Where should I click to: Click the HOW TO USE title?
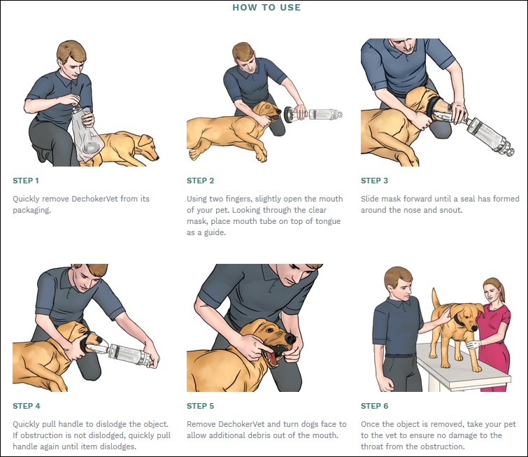tap(266, 8)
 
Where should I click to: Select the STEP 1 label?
tap(26, 181)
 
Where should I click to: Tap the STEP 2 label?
tap(200, 181)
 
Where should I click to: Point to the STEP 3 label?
tap(374, 181)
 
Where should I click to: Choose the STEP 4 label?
tap(27, 406)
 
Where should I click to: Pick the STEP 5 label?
tap(200, 406)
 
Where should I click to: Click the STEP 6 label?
tap(374, 406)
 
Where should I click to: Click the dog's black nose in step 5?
tap(290, 338)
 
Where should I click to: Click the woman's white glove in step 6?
tap(474, 345)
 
